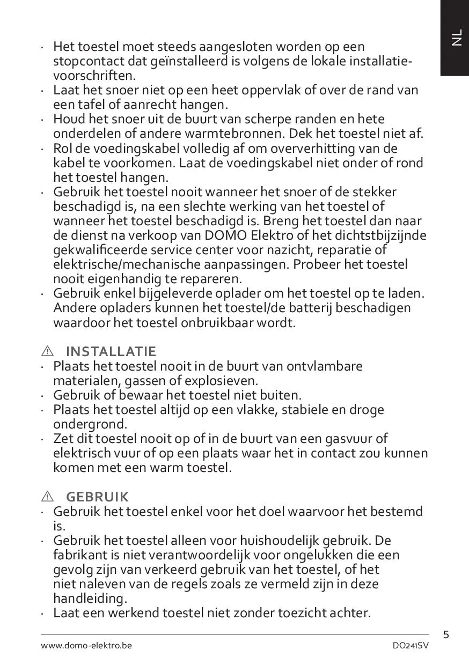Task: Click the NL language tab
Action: tap(456, 38)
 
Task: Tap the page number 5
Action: tap(446, 636)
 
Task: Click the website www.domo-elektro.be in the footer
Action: tap(86, 645)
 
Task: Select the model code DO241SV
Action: tap(411, 645)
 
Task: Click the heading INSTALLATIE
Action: tap(111, 352)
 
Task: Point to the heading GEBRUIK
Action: tap(98, 497)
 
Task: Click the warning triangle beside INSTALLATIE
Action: tap(48, 352)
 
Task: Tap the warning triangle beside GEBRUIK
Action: tap(48, 497)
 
